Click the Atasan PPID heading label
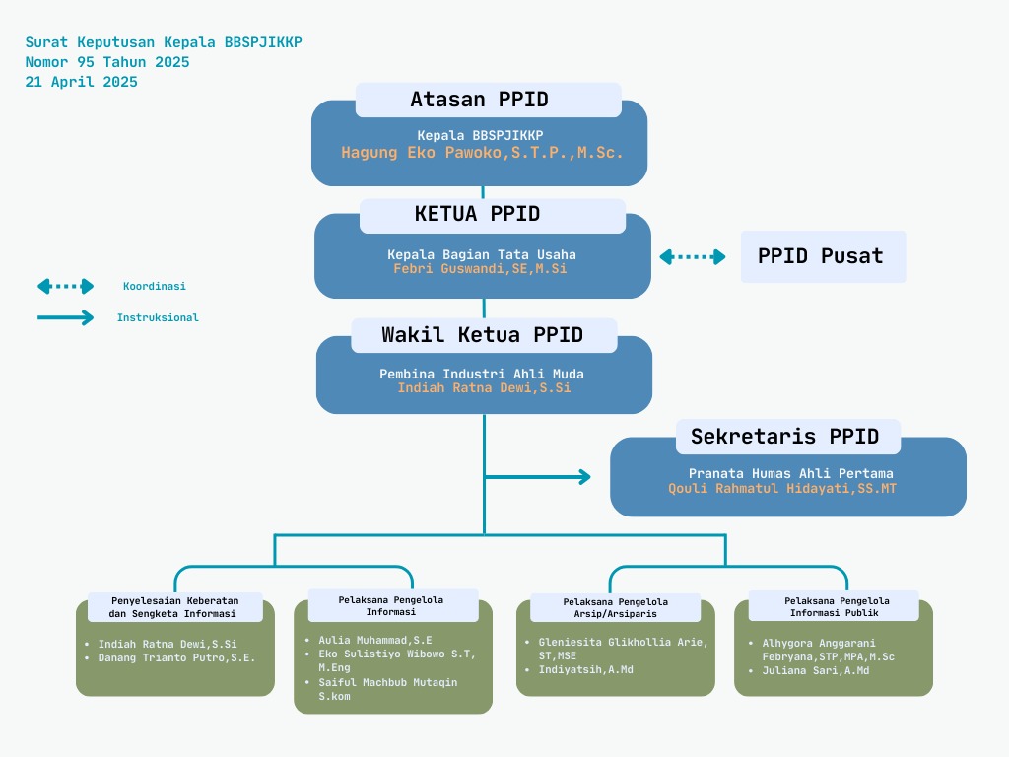[x=480, y=100]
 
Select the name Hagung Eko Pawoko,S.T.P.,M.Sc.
[x=482, y=153]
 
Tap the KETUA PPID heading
[x=478, y=215]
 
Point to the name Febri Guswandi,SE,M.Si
[x=480, y=268]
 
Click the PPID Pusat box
[x=822, y=256]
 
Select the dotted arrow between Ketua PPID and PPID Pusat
[x=692, y=257]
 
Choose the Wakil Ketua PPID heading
[x=483, y=335]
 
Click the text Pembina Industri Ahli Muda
[x=483, y=374]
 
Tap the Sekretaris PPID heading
[x=784, y=437]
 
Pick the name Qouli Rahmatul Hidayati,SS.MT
[x=782, y=488]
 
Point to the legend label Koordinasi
[x=154, y=286]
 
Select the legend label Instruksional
[x=158, y=317]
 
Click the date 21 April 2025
[x=82, y=82]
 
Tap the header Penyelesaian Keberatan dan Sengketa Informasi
[x=174, y=607]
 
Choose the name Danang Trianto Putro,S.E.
[x=176, y=657]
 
